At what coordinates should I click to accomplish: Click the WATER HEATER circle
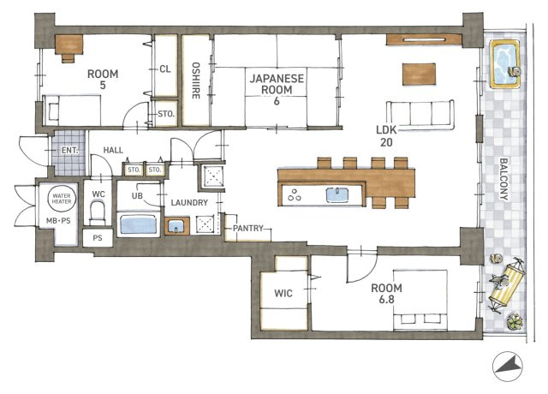pyautogui.click(x=62, y=199)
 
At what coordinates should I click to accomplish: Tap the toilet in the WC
pyautogui.click(x=98, y=212)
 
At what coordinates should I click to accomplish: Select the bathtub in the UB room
pyautogui.click(x=139, y=224)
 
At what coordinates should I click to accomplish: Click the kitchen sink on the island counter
pyautogui.click(x=337, y=194)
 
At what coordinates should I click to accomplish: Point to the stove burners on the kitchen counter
pyautogui.click(x=295, y=195)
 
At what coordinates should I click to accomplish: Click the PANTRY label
pyautogui.click(x=248, y=229)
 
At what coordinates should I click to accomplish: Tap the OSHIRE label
pyautogui.click(x=196, y=81)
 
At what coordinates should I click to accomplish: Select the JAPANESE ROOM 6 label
pyautogui.click(x=277, y=89)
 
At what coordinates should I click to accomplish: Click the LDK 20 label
pyautogui.click(x=386, y=136)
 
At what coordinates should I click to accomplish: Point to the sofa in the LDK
pyautogui.click(x=420, y=115)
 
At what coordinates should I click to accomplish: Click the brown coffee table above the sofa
pyautogui.click(x=419, y=74)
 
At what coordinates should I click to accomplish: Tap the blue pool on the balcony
pyautogui.click(x=504, y=63)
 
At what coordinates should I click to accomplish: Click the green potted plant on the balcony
pyautogui.click(x=515, y=321)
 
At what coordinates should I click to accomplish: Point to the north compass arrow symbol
pyautogui.click(x=508, y=367)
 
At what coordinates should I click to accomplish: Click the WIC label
pyautogui.click(x=283, y=293)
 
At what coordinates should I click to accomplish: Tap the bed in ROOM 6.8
pyautogui.click(x=420, y=300)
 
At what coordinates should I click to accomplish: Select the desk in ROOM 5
pyautogui.click(x=68, y=48)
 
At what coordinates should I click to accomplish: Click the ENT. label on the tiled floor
pyautogui.click(x=70, y=151)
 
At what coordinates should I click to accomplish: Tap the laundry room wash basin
pyautogui.click(x=177, y=226)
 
